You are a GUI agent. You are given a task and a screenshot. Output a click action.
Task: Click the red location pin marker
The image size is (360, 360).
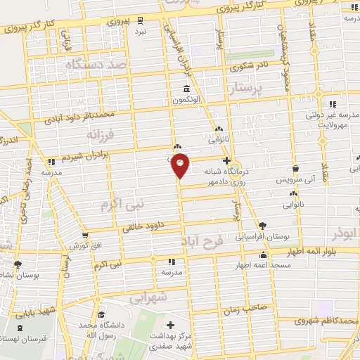tap(181, 165)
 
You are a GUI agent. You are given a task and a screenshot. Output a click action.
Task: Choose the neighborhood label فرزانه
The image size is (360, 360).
tap(100, 133)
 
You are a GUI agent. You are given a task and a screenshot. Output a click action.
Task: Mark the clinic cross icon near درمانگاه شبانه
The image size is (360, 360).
tap(226, 160)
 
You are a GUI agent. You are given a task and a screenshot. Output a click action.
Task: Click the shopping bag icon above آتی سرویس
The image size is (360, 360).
tap(297, 169)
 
